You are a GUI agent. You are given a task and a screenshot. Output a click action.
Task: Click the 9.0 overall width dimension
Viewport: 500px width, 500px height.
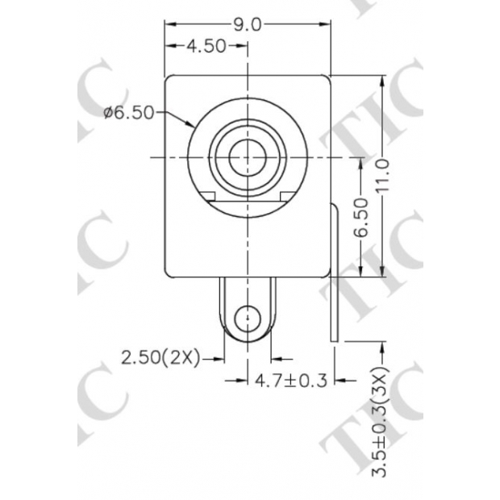248,25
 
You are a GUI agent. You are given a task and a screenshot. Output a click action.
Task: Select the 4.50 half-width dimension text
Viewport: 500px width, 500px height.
206,47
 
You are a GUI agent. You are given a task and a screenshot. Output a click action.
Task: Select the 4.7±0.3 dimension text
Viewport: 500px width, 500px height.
291,380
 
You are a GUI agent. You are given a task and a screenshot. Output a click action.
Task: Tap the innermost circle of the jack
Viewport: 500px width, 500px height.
247,156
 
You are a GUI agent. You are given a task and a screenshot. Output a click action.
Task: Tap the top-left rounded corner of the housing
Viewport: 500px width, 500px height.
170,80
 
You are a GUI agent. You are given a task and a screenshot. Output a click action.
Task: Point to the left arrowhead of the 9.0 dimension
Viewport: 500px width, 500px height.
169,25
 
